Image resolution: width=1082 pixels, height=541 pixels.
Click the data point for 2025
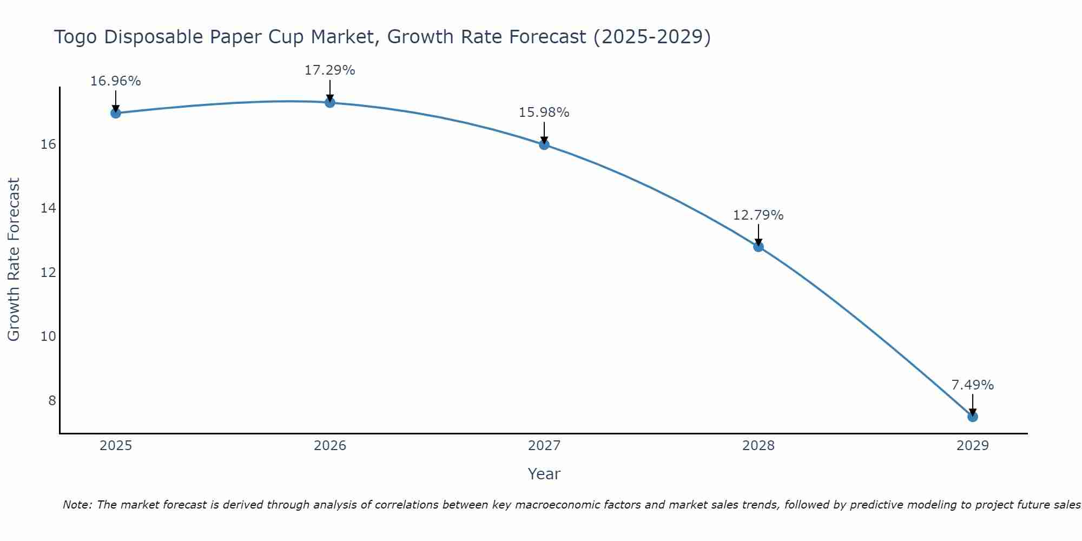point(115,113)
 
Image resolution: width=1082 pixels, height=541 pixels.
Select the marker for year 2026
point(329,102)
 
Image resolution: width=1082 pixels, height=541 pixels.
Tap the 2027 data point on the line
point(544,144)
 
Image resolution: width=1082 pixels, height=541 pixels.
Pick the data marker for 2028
point(758,247)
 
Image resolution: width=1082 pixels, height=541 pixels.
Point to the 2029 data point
point(972,417)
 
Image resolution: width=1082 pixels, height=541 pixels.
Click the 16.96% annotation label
point(115,81)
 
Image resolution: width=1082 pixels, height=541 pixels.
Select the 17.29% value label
point(329,70)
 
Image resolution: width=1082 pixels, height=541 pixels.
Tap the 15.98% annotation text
point(544,113)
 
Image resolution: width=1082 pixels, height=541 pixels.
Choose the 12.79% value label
point(758,215)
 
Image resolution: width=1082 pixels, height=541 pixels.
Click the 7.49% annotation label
point(972,385)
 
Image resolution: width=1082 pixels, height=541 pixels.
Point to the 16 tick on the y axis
point(48,144)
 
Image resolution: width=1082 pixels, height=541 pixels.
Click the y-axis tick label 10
point(48,337)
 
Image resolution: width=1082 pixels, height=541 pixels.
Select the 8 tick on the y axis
point(52,400)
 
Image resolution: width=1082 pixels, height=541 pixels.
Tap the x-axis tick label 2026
point(329,446)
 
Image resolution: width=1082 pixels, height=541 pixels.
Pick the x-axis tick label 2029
point(972,446)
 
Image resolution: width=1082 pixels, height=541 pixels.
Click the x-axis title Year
point(544,474)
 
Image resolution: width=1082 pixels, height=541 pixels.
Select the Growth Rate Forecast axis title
point(14,260)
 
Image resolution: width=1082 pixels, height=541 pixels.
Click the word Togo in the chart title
point(76,37)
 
